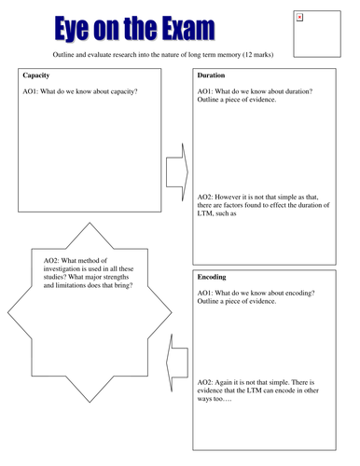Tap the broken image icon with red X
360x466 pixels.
tap(298, 17)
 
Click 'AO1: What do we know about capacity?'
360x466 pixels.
tap(79, 91)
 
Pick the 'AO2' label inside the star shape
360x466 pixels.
tap(53, 261)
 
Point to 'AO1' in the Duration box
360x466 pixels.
tap(206, 91)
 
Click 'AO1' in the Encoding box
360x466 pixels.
tap(206, 294)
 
